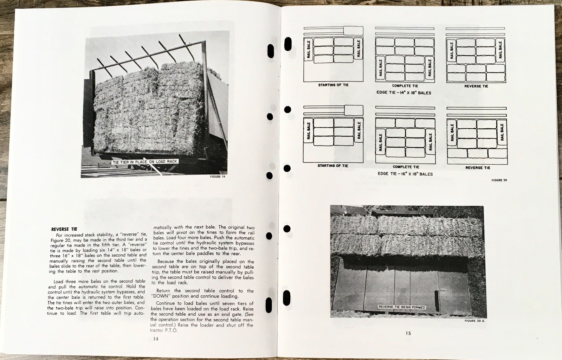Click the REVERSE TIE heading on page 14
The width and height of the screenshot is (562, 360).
pyautogui.click(x=64, y=229)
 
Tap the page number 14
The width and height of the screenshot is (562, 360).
pyautogui.click(x=156, y=339)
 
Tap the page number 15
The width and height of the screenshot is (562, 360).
pyautogui.click(x=408, y=333)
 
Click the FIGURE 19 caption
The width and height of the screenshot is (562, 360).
pyautogui.click(x=218, y=176)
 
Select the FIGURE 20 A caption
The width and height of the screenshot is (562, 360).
pyautogui.click(x=474, y=321)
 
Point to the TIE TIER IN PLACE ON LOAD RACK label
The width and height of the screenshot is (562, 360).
pyautogui.click(x=145, y=162)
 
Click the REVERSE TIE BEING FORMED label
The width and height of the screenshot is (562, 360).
pyautogui.click(x=401, y=307)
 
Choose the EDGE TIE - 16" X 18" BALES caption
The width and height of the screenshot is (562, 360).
pyautogui.click(x=405, y=174)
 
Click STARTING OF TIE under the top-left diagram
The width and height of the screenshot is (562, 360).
pyautogui.click(x=333, y=85)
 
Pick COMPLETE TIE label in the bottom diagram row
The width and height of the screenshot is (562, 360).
pyautogui.click(x=406, y=167)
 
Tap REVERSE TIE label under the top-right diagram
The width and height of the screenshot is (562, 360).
pyautogui.click(x=476, y=86)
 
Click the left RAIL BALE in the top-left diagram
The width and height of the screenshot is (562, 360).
pyautogui.click(x=309, y=50)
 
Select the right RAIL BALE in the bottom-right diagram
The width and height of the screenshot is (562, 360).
pyautogui.click(x=502, y=132)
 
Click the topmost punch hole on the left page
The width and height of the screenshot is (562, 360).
pyautogui.click(x=270, y=51)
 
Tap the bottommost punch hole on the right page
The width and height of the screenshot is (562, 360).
pyautogui.click(x=287, y=298)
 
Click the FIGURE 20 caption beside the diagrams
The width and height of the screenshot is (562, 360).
pyautogui.click(x=499, y=180)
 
